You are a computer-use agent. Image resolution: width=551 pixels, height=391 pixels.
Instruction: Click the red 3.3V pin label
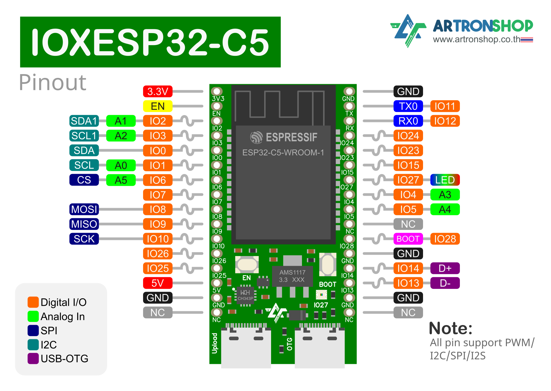point(158,91)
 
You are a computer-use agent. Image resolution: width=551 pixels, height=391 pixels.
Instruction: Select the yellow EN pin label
point(158,106)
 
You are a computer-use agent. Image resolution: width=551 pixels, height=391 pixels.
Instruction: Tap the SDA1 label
point(84,121)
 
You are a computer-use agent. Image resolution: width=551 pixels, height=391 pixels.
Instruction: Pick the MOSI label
point(84,209)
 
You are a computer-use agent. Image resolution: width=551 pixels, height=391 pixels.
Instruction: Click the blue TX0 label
point(408,106)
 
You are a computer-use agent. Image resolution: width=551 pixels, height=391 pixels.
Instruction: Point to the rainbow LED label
point(445,180)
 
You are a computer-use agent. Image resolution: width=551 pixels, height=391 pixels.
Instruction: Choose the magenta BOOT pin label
point(408,239)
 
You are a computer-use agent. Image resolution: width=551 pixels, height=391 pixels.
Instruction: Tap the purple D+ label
point(445,268)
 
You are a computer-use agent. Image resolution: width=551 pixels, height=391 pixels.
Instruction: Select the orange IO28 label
point(445,239)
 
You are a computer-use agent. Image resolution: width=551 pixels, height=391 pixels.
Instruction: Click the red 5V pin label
point(158,283)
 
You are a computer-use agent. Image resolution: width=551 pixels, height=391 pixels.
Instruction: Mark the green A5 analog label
point(121,180)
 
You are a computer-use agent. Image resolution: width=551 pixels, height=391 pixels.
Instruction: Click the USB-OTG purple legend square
point(33,359)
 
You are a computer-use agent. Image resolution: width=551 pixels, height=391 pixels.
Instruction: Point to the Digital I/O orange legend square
point(33,302)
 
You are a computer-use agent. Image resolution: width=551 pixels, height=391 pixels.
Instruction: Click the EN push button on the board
point(247,264)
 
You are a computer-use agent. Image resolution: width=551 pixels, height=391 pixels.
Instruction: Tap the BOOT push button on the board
point(328,264)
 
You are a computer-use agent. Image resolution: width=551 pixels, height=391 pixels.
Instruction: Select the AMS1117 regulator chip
point(293,276)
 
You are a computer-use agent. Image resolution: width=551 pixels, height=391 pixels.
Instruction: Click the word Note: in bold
point(450,329)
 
